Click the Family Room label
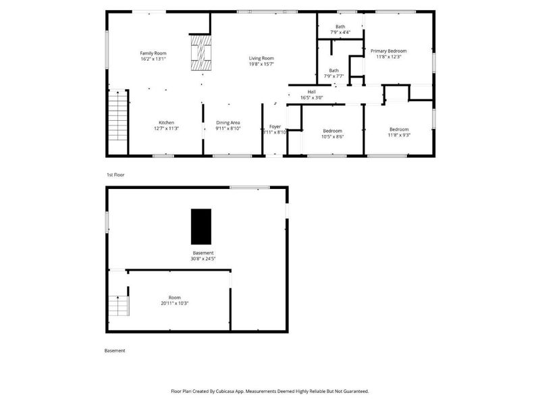(153, 53)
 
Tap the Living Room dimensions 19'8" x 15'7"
(261, 64)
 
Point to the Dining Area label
(228, 122)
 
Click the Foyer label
(275, 126)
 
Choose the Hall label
(311, 92)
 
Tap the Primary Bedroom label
(388, 51)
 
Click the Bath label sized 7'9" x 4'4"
(340, 26)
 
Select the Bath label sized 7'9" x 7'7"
(333, 70)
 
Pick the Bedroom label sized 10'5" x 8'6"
(332, 130)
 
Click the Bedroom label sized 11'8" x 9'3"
(398, 129)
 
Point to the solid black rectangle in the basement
(200, 226)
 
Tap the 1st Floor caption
(115, 175)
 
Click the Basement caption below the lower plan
(114, 350)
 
